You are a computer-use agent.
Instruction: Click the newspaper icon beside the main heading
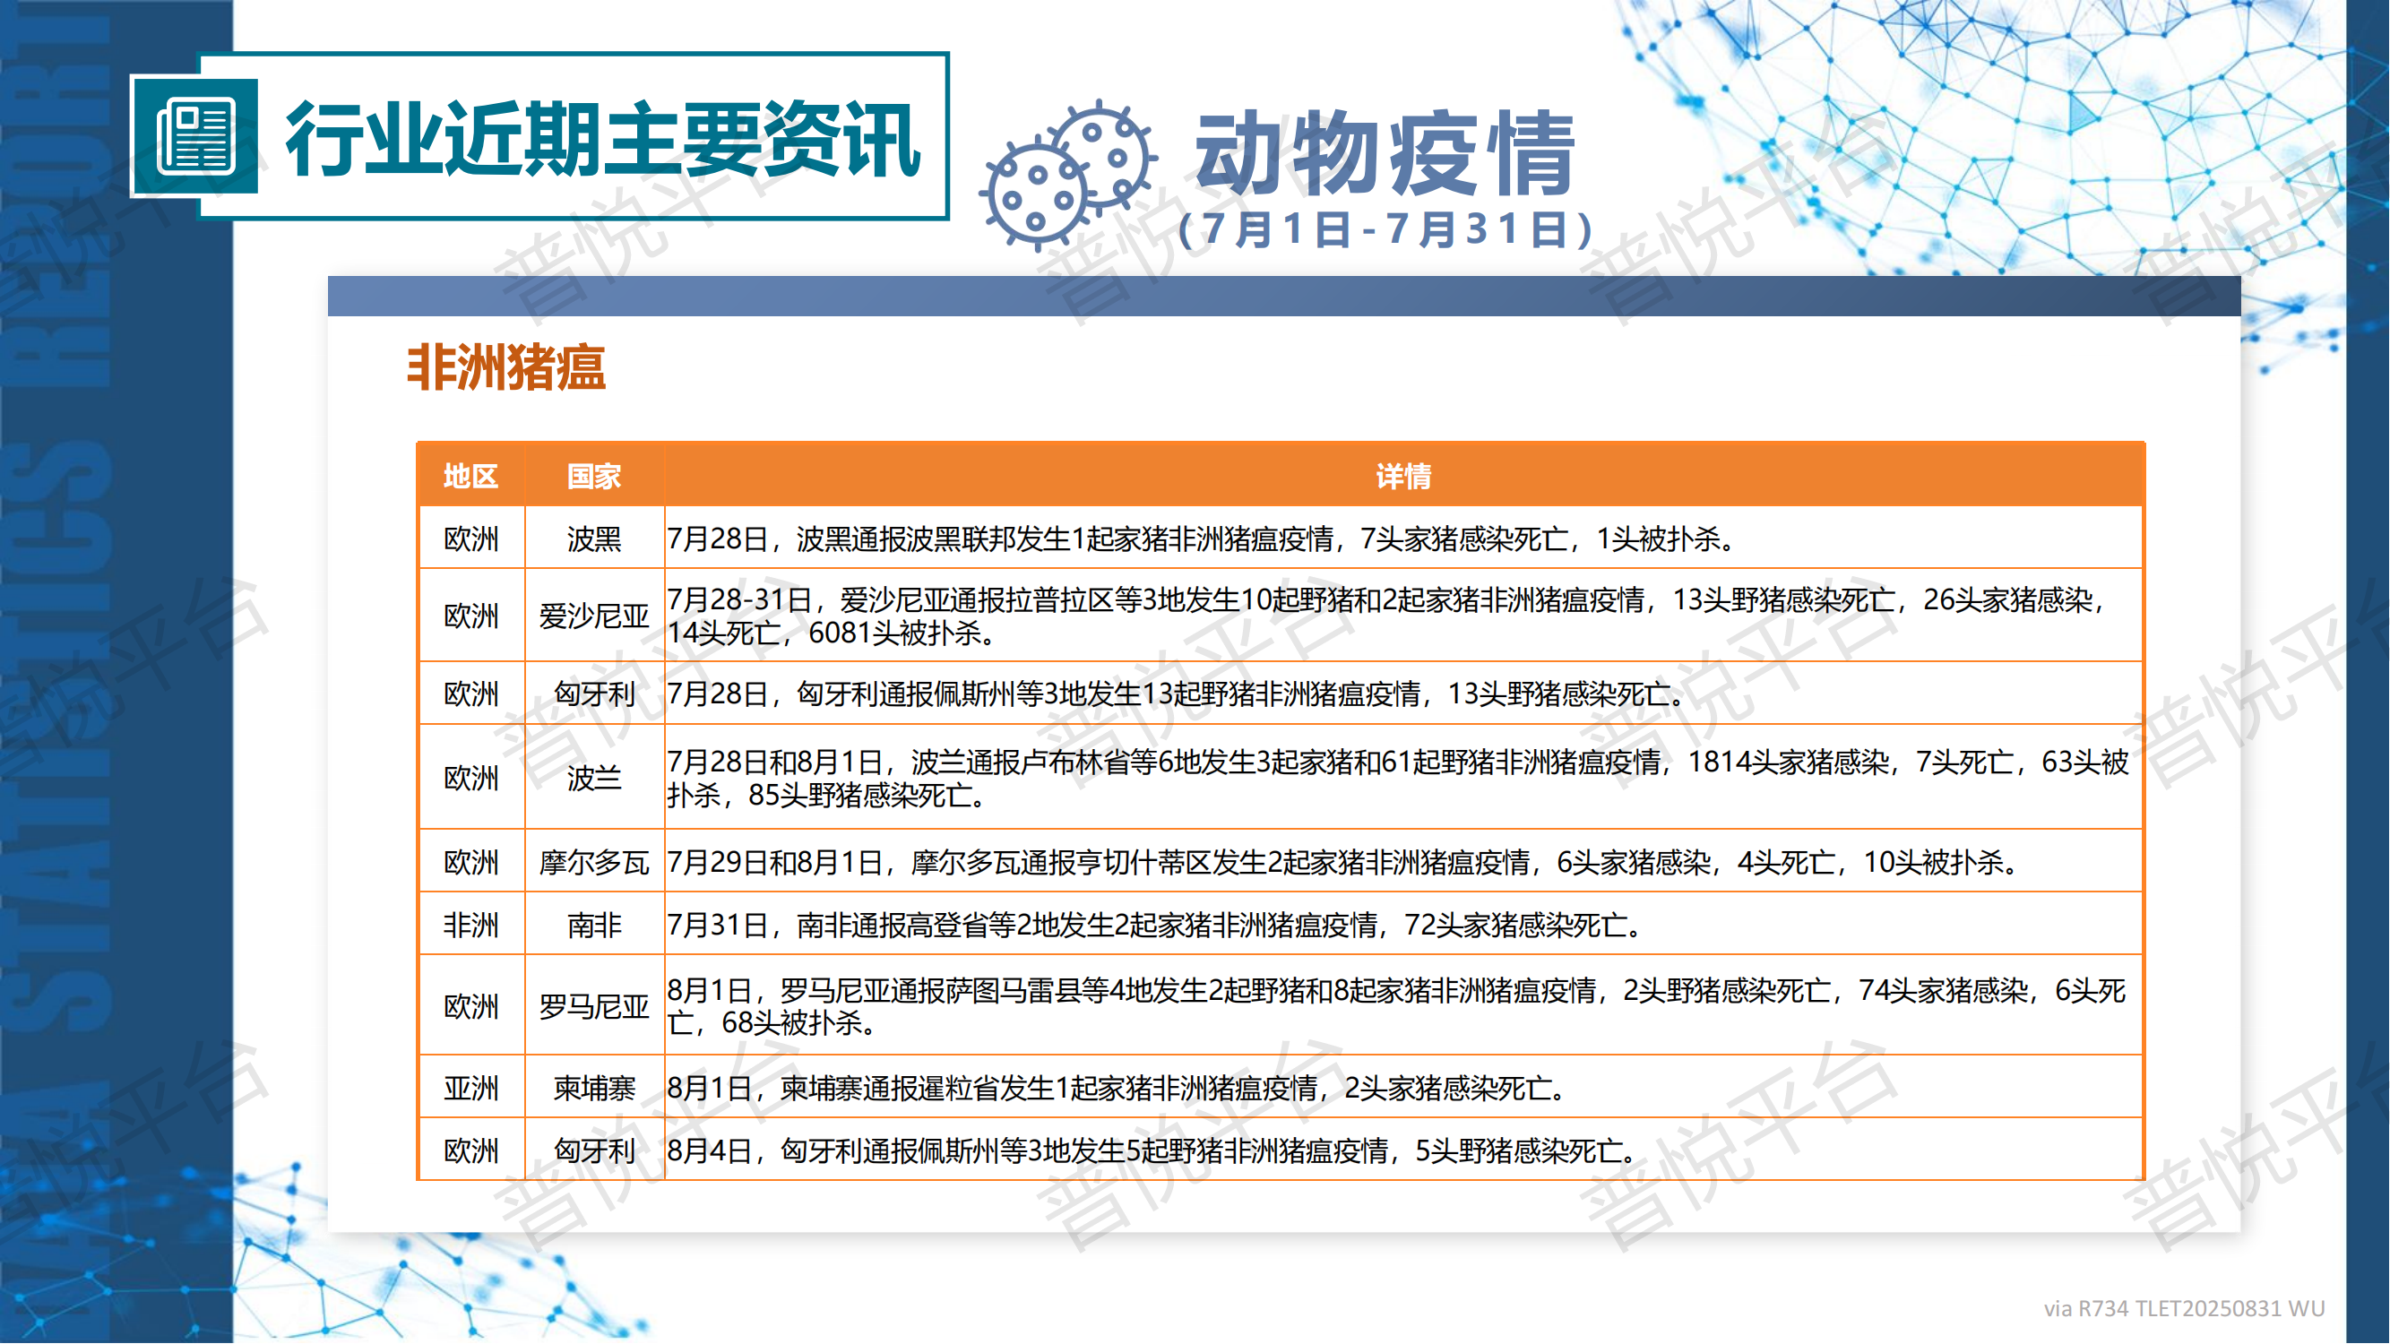[195, 137]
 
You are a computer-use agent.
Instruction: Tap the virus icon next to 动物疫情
[1069, 175]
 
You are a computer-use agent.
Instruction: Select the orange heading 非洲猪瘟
[506, 367]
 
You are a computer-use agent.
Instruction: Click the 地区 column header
[471, 477]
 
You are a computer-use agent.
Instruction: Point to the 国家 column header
[595, 477]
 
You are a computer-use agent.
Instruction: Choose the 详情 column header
[1403, 477]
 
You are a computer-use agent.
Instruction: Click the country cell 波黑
[595, 538]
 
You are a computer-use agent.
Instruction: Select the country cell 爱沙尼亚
[595, 616]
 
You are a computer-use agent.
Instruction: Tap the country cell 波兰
[595, 779]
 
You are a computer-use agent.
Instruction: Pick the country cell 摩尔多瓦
[595, 863]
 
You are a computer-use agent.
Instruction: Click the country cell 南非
[595, 925]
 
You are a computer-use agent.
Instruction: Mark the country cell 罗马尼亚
[595, 1006]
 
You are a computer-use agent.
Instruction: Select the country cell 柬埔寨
[595, 1088]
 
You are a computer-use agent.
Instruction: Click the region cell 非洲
[471, 925]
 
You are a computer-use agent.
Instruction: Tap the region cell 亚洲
[471, 1088]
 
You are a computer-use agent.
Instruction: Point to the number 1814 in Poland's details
[1719, 762]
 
